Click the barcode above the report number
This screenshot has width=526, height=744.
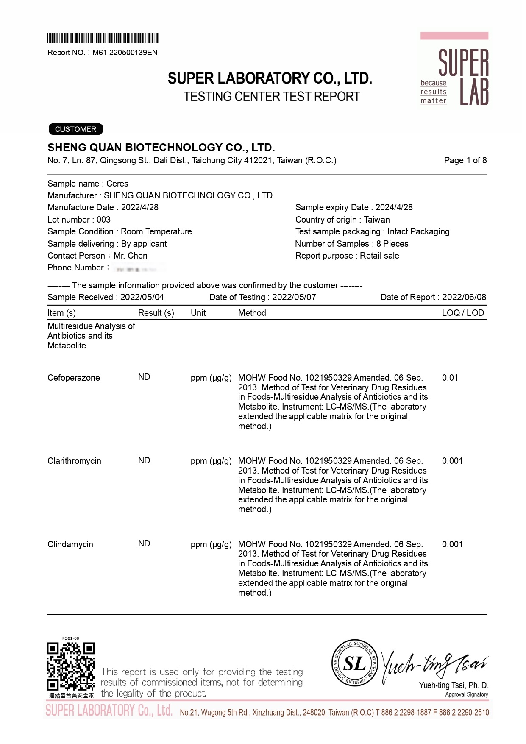pyautogui.click(x=103, y=39)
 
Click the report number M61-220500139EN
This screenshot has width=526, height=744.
pyautogui.click(x=125, y=53)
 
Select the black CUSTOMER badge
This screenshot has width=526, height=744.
pyautogui.click(x=75, y=129)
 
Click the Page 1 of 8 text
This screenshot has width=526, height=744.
pyautogui.click(x=465, y=160)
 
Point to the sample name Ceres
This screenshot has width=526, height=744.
pyautogui.click(x=117, y=184)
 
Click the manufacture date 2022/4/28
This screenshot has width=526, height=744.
pyautogui.click(x=139, y=207)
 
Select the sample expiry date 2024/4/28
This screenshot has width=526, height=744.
pyautogui.click(x=394, y=207)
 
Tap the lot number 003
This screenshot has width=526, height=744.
pyautogui.click(x=103, y=220)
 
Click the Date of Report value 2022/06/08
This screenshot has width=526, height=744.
pyautogui.click(x=464, y=297)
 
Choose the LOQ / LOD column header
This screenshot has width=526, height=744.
pyautogui.click(x=462, y=313)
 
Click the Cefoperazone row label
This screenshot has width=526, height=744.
pyautogui.click(x=74, y=378)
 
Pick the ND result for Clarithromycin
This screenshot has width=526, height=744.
pyautogui.click(x=144, y=460)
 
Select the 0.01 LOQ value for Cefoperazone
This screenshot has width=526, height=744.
pyautogui.click(x=450, y=378)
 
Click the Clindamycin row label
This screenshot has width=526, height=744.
pyautogui.click(x=70, y=544)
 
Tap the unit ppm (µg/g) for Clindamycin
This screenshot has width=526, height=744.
pyautogui.click(x=211, y=544)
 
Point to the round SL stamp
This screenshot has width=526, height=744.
pyautogui.click(x=354, y=663)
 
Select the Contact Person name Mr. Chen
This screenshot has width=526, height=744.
pyautogui.click(x=131, y=256)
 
